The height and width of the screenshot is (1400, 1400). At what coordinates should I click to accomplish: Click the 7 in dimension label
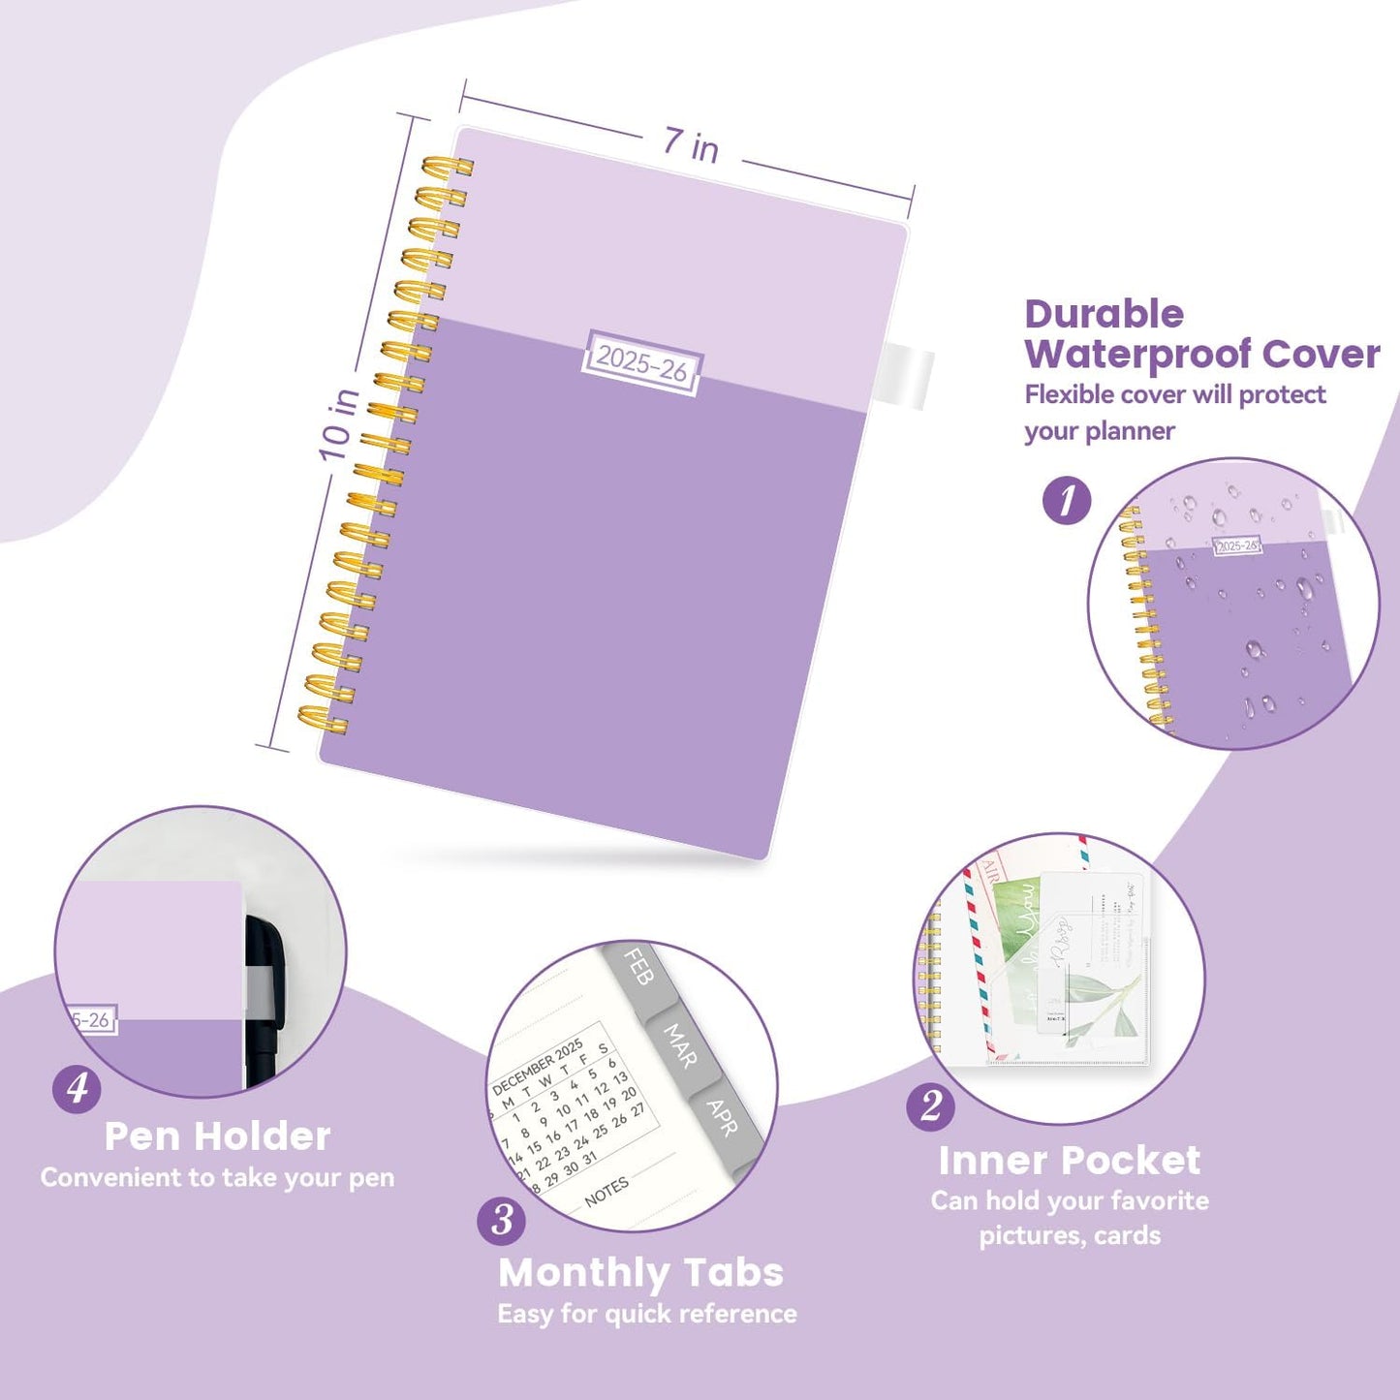tap(691, 145)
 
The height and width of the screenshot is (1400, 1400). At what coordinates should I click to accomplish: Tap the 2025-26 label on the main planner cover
tap(641, 364)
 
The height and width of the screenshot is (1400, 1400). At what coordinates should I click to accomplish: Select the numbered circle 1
tap(1067, 501)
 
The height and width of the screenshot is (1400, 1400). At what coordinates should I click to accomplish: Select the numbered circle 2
tap(930, 1105)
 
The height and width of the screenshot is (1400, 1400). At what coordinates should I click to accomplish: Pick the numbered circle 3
tap(502, 1220)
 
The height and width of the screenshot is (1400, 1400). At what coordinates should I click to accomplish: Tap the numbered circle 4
tap(78, 1088)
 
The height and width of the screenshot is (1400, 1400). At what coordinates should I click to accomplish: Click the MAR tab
tap(680, 1046)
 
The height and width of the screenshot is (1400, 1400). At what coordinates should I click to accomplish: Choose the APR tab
tap(723, 1117)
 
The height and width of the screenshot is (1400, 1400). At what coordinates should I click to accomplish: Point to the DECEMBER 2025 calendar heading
tap(538, 1066)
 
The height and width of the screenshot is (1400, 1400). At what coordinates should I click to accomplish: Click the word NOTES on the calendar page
tap(607, 1192)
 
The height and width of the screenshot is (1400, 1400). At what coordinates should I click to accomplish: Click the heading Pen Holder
tap(217, 1136)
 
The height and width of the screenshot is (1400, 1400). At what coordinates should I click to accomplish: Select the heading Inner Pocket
tap(1069, 1160)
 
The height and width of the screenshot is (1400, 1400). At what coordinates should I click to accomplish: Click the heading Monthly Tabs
tap(640, 1272)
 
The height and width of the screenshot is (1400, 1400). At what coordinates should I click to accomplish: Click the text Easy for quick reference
tap(646, 1314)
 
